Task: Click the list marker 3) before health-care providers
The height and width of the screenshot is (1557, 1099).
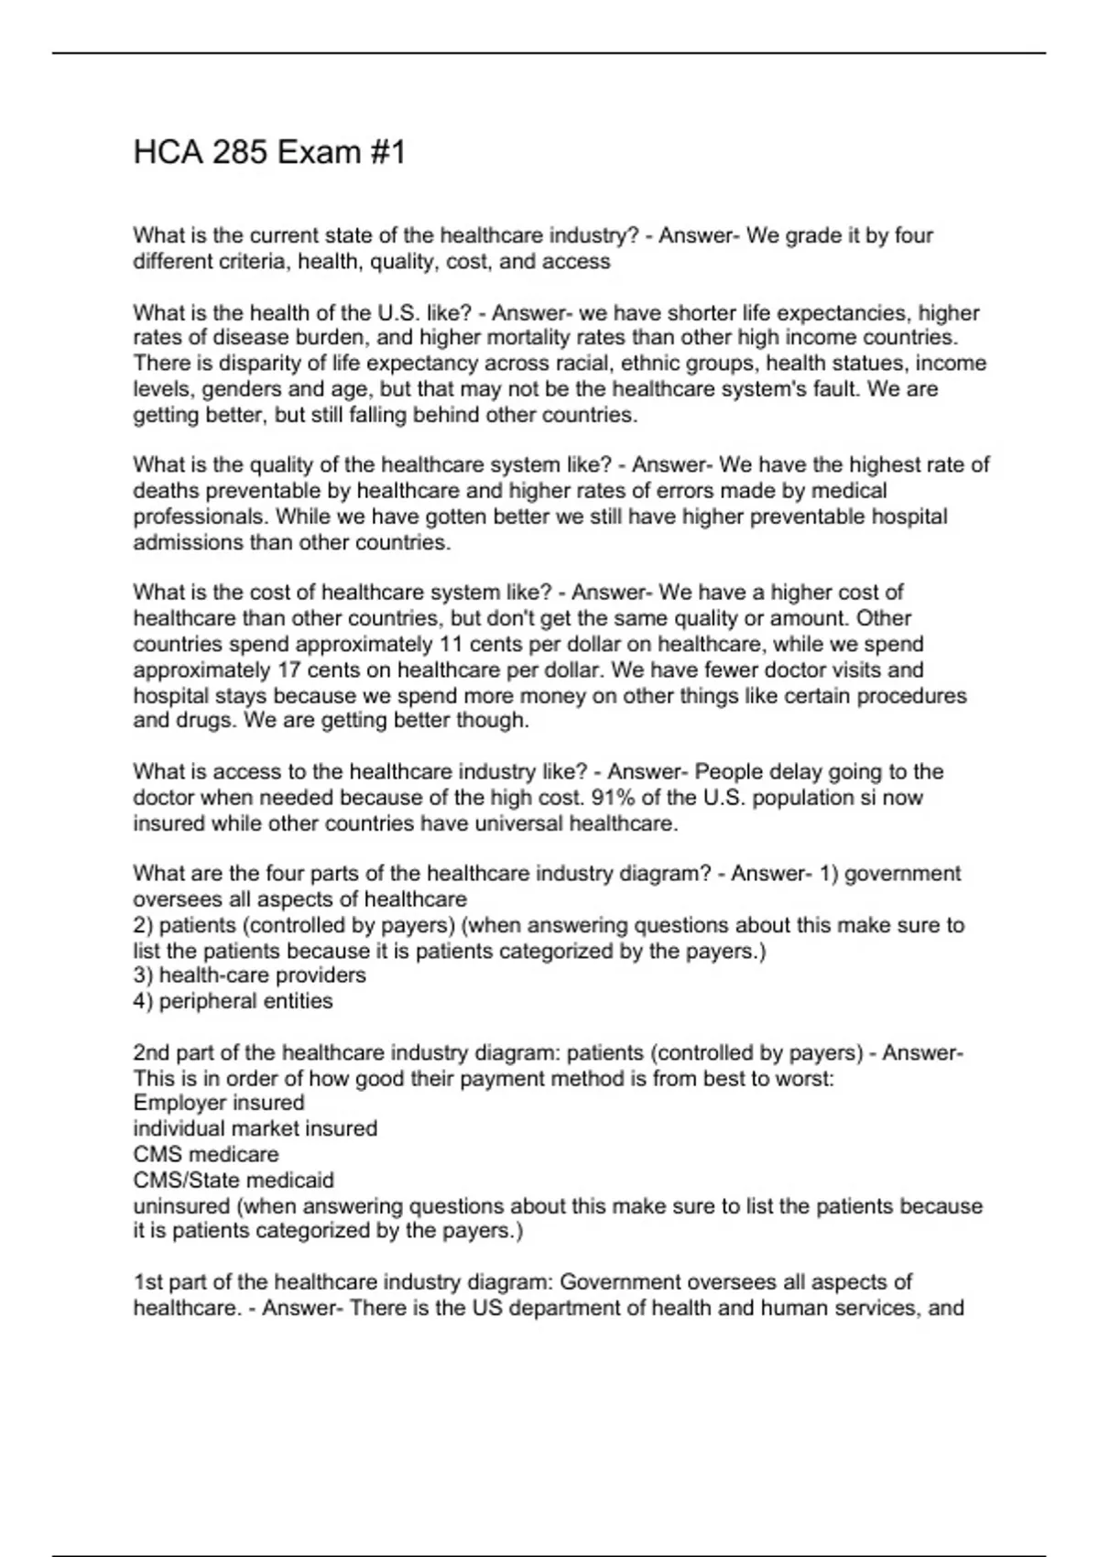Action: (x=143, y=975)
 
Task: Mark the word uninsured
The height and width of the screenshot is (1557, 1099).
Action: (x=182, y=1206)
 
